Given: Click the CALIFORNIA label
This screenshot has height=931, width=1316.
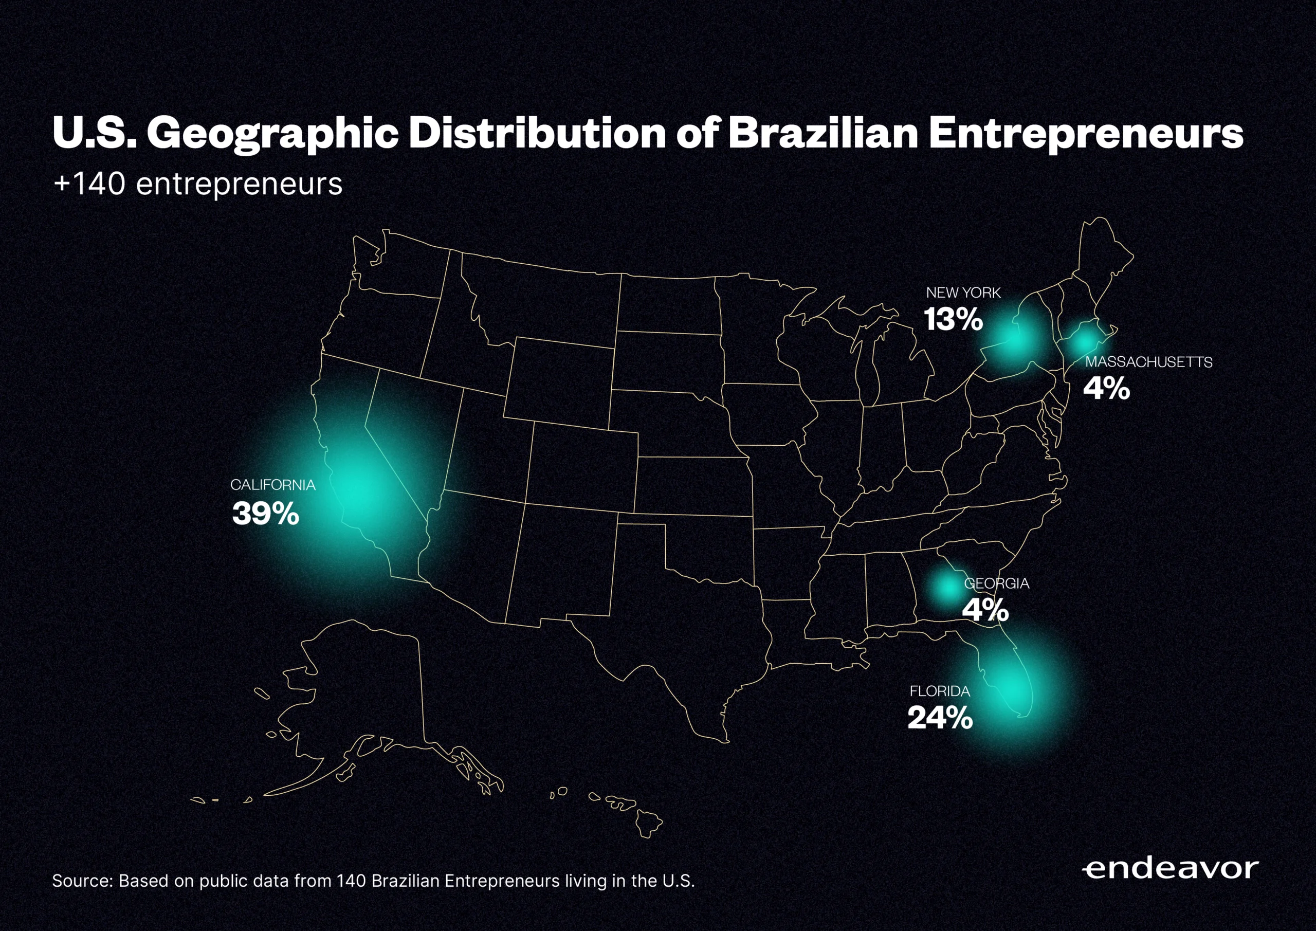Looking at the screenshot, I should point(273,485).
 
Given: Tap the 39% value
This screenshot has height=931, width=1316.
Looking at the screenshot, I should point(265,514).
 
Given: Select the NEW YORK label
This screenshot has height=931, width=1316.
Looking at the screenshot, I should point(963,293).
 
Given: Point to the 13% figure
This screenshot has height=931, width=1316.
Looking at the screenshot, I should point(953,319).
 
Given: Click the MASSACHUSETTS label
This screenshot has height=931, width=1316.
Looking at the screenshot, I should point(1148,362).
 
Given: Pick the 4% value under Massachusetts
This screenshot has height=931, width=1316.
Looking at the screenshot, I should point(1106,389).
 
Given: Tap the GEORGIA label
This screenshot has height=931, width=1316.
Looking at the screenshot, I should point(997,583).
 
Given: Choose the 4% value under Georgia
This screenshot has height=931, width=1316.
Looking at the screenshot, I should point(985,610).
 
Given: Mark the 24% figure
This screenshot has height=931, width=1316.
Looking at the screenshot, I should point(940,718).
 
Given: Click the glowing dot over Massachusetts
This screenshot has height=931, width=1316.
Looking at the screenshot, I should point(1084,342).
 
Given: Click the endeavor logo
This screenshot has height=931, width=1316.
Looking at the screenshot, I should point(1171,869).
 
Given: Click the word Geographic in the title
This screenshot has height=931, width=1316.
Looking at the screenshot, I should point(273,134).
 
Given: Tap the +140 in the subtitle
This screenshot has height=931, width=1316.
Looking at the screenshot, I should point(89,185).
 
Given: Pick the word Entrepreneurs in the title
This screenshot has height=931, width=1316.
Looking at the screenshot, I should point(1086,134).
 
